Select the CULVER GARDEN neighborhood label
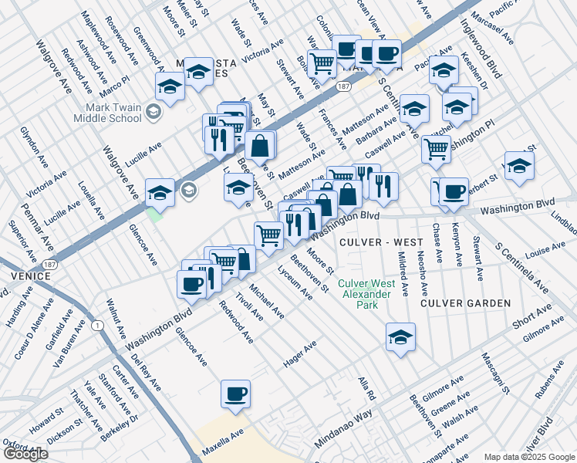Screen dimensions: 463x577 [x=465, y=303]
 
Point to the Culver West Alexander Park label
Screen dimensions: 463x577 [x=366, y=294]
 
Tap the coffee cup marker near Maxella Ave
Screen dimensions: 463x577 [x=236, y=395]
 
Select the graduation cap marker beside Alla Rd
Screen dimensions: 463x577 [x=400, y=337]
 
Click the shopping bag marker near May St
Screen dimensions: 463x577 [x=262, y=144]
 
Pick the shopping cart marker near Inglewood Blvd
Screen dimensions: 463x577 [x=437, y=148]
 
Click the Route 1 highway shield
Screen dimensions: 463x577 [x=98, y=326]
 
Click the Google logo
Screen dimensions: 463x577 [x=25, y=454]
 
